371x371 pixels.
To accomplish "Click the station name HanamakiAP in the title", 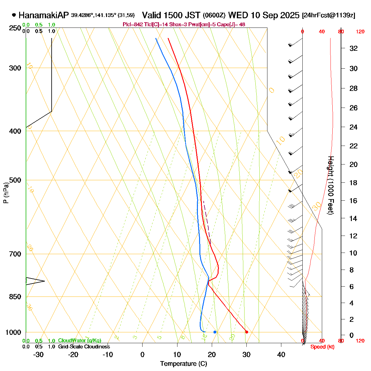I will [44, 15].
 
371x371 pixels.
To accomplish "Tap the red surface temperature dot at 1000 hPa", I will [246, 332].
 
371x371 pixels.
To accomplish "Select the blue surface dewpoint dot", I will [215, 332].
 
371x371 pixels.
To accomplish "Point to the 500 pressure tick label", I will [15, 180].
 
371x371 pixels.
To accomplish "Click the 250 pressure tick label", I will [15, 28].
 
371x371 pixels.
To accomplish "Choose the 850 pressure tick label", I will [15, 297].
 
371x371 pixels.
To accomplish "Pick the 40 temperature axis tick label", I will [281, 355].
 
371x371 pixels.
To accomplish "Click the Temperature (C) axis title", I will [184, 364].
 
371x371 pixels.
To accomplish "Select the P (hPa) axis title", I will [6, 192].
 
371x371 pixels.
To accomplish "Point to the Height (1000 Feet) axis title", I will [330, 185].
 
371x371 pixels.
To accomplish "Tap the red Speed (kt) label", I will [322, 347].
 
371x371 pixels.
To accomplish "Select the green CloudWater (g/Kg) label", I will [79, 341].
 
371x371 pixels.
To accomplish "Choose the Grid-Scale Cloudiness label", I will [84, 347].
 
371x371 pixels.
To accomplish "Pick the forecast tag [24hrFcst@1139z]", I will [329, 15].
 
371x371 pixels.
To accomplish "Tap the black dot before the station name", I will [14, 15].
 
